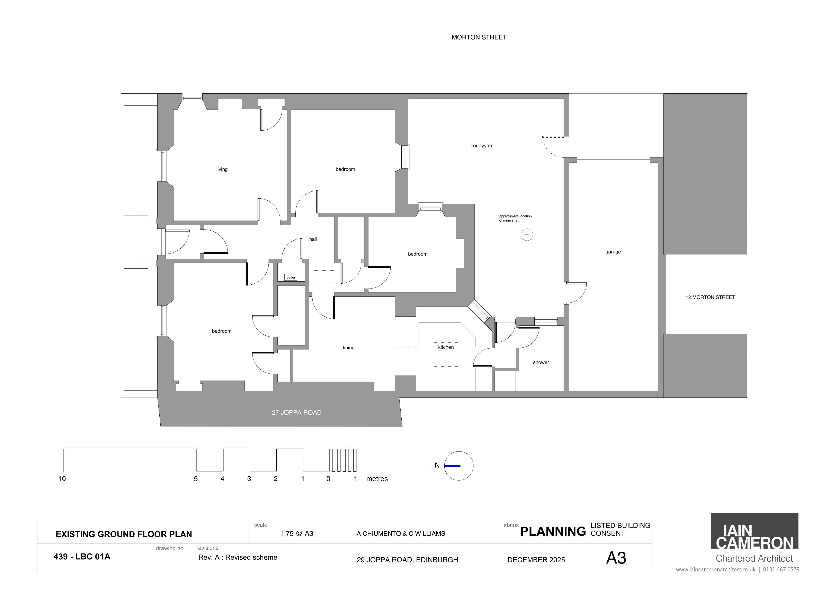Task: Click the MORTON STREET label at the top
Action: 479,37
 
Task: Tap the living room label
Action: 222,169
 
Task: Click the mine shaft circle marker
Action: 527,235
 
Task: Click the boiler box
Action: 291,277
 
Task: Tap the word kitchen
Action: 446,347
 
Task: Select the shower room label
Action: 541,362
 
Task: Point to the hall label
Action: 313,239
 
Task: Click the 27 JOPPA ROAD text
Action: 296,413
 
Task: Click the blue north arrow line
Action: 452,466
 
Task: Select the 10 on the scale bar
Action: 62,479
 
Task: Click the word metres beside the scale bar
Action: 377,479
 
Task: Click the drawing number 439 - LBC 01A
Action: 82,557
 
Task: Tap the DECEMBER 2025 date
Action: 536,560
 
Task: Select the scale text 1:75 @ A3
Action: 296,533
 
